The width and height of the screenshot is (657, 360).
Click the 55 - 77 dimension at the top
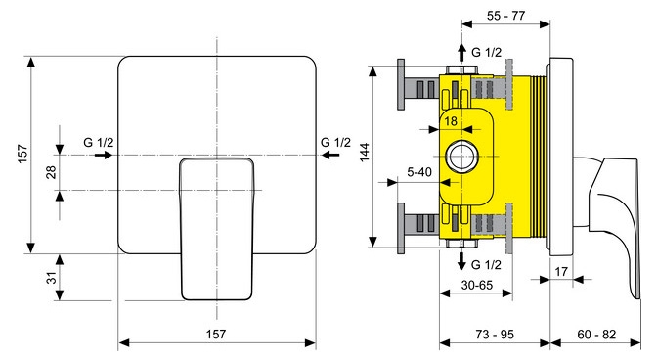pos(505,16)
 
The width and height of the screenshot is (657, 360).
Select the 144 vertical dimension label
pos(365,152)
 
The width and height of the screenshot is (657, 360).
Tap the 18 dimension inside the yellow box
pos(451,121)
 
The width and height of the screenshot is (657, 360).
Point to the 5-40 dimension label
pos(419,172)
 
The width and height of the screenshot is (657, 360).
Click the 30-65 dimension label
pos(477,285)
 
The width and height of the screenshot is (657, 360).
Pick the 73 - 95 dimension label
pos(495,334)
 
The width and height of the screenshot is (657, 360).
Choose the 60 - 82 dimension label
pos(596,334)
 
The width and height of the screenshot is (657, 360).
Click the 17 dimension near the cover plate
pos(561,272)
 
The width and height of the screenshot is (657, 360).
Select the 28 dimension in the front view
pos(51,172)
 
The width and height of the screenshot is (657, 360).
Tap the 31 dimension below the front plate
pos(51,278)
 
